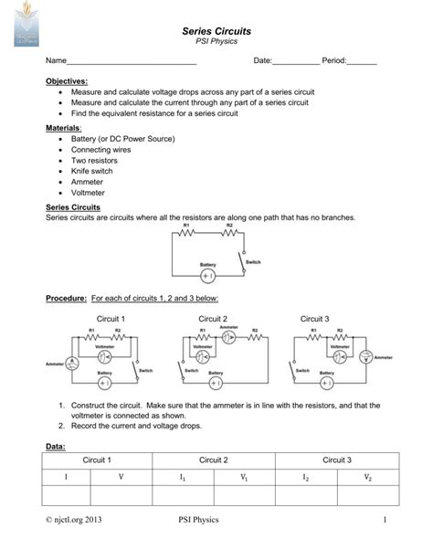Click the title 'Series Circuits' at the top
217,31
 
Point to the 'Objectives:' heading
67,81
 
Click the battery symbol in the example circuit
207,274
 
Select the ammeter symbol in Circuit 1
77,365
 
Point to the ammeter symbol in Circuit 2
230,336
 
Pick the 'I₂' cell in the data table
305,477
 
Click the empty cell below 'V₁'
243,494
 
